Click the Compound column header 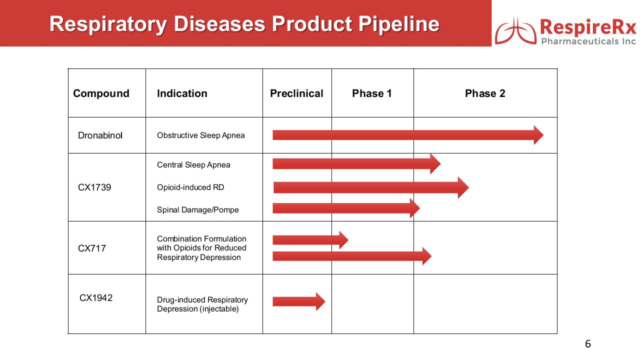(x=101, y=93)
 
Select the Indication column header (x=182, y=93)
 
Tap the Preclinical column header (x=296, y=93)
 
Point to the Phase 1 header (x=371, y=93)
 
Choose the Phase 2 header (x=485, y=93)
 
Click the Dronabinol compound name (x=100, y=135)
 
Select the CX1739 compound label (x=94, y=187)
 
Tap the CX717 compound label (x=91, y=248)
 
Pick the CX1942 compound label (x=95, y=297)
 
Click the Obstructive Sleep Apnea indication (x=201, y=135)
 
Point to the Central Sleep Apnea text (x=193, y=165)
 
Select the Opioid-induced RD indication (x=190, y=187)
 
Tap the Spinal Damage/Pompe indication (x=197, y=209)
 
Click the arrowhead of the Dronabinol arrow (x=538, y=135)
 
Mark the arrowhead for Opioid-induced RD (x=463, y=187)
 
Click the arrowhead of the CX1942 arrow (x=320, y=301)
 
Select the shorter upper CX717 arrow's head (x=343, y=240)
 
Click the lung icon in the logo (x=515, y=31)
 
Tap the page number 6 (x=587, y=343)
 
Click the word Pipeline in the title (x=399, y=24)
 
